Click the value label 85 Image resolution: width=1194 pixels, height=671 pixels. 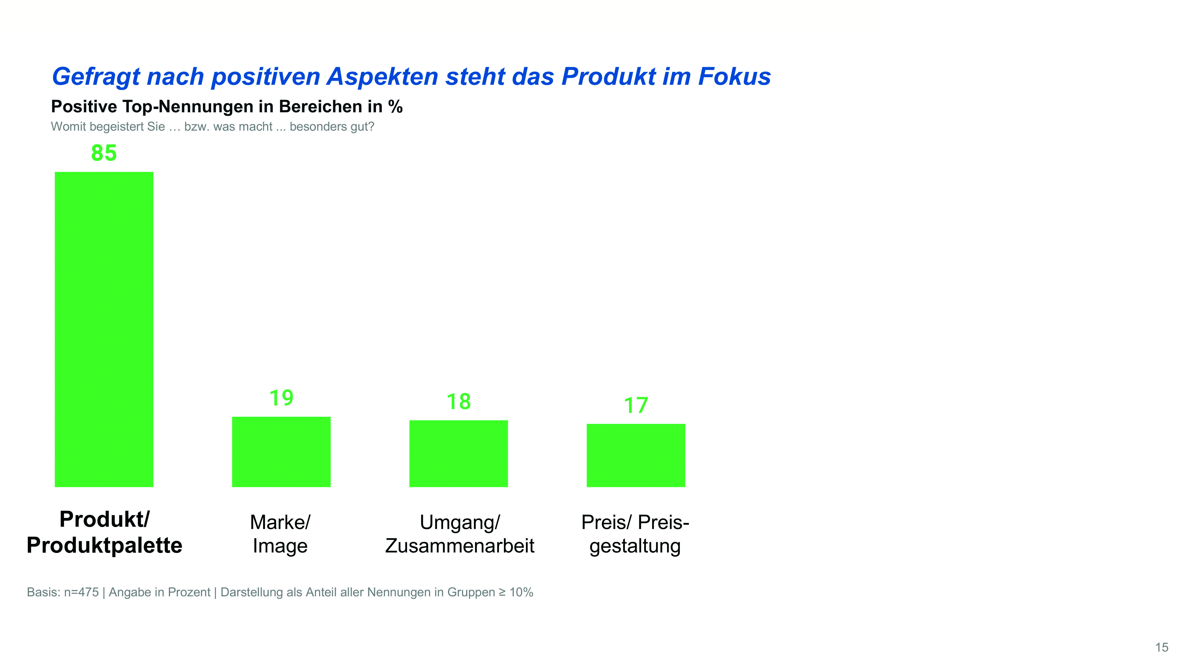click(104, 153)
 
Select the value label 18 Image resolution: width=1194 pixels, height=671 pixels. click(458, 401)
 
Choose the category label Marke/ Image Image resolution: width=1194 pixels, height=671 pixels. click(280, 534)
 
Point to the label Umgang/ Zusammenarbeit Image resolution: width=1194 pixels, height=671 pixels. click(459, 534)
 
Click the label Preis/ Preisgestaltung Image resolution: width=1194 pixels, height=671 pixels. click(635, 534)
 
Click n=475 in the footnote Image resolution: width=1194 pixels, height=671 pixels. click(81, 592)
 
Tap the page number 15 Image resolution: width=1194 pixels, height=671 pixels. click(1162, 647)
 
